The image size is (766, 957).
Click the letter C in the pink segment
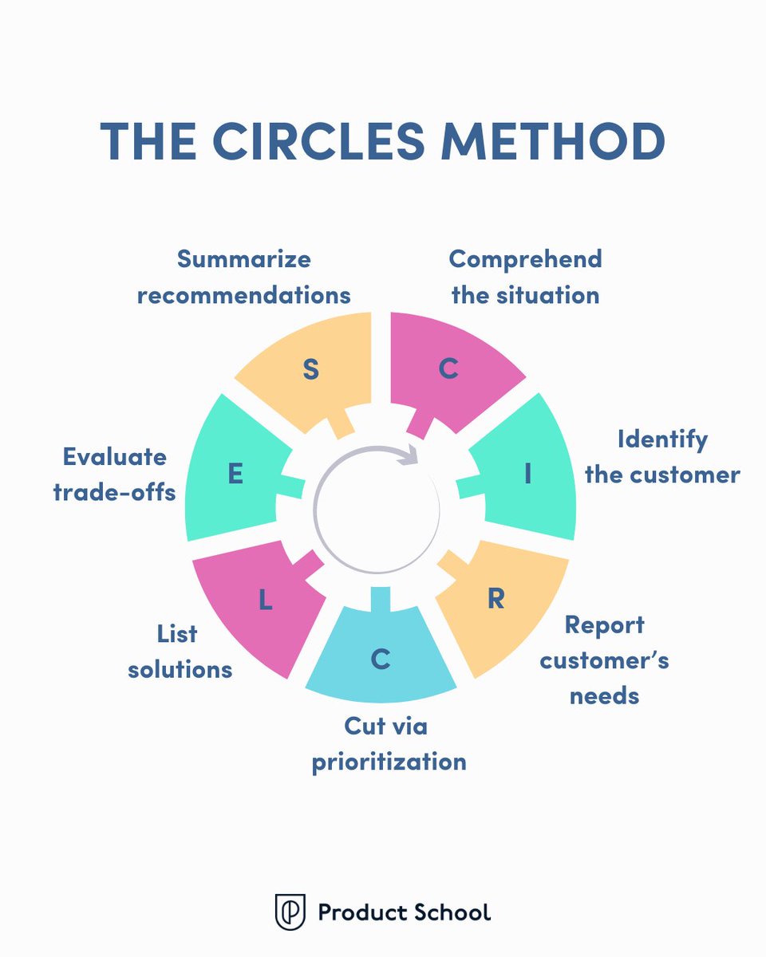click(449, 369)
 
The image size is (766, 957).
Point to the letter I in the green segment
click(527, 475)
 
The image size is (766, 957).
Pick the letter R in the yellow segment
click(496, 599)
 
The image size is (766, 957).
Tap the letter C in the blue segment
click(381, 660)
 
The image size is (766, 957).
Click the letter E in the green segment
click(235, 475)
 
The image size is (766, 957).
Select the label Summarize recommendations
click(243, 277)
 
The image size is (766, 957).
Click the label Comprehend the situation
click(525, 277)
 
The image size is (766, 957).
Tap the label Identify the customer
click(662, 457)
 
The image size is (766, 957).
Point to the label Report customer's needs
click(604, 660)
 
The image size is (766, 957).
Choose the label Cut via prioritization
click(389, 744)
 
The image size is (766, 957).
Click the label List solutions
click(180, 651)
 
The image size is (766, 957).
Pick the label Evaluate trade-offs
click(114, 475)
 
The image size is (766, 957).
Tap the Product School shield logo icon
click(290, 912)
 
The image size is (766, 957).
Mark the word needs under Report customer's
click(604, 695)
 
